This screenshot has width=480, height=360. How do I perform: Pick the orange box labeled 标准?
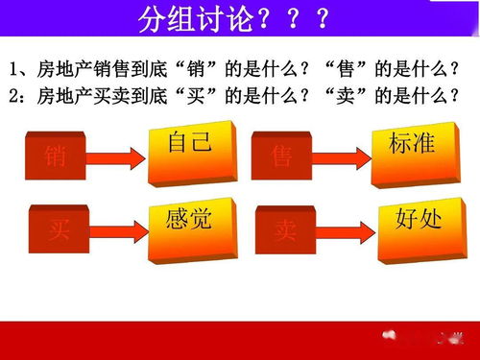411,147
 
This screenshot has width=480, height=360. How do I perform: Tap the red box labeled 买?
57,229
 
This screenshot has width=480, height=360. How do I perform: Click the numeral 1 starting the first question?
13,70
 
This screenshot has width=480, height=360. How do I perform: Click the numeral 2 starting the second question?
13,96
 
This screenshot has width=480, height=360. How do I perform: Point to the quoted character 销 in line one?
207,70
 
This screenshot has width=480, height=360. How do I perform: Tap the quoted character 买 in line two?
207,96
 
